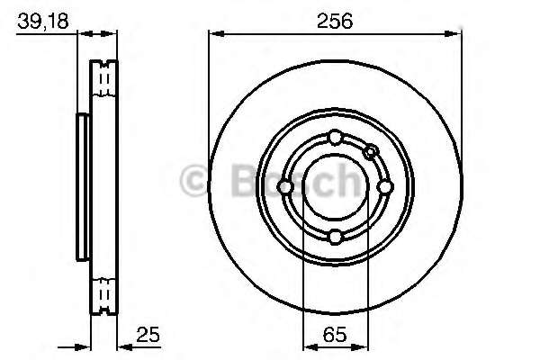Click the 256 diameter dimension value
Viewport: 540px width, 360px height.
(x=335, y=21)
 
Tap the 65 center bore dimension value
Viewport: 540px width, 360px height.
(x=335, y=334)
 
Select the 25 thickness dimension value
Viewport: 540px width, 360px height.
(x=148, y=334)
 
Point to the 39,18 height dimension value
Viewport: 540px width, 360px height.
(x=43, y=21)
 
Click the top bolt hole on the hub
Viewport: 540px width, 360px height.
(x=335, y=137)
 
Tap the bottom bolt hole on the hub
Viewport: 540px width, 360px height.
(x=335, y=237)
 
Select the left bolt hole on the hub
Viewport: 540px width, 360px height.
(x=284, y=187)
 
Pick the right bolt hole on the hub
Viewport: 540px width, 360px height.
(x=384, y=187)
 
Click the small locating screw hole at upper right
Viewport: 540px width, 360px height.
(x=371, y=151)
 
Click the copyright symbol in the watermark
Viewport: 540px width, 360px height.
(x=193, y=180)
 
